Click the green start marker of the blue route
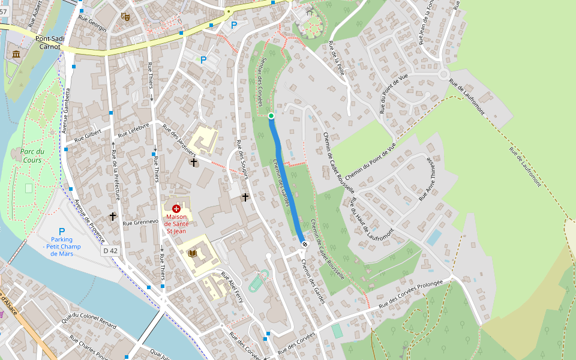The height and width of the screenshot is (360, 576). coord(271,116)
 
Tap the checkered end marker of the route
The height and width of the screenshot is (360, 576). coord(305,244)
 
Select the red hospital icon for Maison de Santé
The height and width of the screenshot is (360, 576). coord(176,208)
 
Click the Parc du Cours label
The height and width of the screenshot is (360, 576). coord(32,155)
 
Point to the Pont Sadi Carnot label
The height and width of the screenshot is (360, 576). coord(49,42)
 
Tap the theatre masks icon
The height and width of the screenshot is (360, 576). coord(125,17)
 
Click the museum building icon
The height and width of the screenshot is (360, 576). coord(16,55)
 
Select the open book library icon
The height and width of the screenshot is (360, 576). coord(192,254)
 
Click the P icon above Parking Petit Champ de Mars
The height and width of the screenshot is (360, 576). coord(61,232)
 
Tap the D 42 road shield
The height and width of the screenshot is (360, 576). coord(110,250)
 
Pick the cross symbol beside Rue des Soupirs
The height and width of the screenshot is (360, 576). coord(245,197)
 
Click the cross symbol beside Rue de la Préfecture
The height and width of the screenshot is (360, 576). coord(113,216)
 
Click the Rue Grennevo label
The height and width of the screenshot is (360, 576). coord(140,222)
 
